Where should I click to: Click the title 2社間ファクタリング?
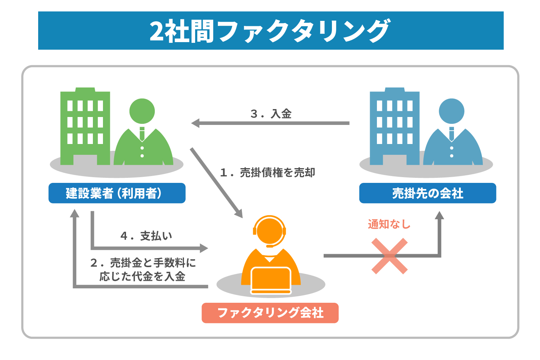pos(270,31)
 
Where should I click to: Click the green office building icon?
pos(85,126)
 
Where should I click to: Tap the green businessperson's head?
pos(142,111)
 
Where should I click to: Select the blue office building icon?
pos(395,126)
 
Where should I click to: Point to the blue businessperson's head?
pos(451,111)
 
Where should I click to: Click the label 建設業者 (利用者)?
pos(117,193)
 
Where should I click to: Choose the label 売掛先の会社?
pos(428,193)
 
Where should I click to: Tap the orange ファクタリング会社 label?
pos(270,313)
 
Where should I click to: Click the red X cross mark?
pos(390,256)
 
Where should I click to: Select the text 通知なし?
pos(389,224)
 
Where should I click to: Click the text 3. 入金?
pos(271,114)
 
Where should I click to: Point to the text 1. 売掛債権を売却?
pos(267,173)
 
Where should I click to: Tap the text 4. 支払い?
pos(146,236)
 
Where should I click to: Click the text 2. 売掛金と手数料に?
pos(143,263)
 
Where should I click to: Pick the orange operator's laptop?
pos(271,280)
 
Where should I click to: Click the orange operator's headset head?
pos(270,230)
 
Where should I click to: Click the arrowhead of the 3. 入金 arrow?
pos(195,123)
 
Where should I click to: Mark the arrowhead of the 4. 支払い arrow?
pos(204,248)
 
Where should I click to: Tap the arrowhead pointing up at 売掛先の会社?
pos(439,215)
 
